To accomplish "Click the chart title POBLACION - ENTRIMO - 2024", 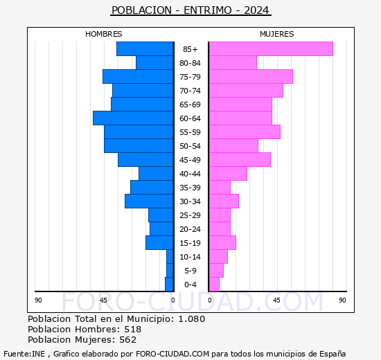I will [x=190, y=10].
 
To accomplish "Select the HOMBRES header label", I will [x=103, y=34].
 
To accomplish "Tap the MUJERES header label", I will [x=276, y=34].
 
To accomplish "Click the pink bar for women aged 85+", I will [x=270, y=48].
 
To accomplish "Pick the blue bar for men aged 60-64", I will [x=133, y=118].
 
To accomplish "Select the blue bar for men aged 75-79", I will [x=138, y=76].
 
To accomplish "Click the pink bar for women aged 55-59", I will [x=244, y=132].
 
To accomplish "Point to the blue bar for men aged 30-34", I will [x=149, y=201].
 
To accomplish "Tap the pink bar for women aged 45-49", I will [x=239, y=159].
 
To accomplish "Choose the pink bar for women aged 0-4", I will [x=214, y=284].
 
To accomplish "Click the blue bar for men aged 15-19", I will [x=159, y=242].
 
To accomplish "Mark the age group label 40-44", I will [x=190, y=174].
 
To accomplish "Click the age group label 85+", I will [x=190, y=49].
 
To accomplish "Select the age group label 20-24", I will [x=190, y=229].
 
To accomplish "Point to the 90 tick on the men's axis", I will [x=38, y=300].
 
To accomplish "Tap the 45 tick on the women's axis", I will [x=276, y=300].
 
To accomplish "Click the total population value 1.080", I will [x=191, y=318].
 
